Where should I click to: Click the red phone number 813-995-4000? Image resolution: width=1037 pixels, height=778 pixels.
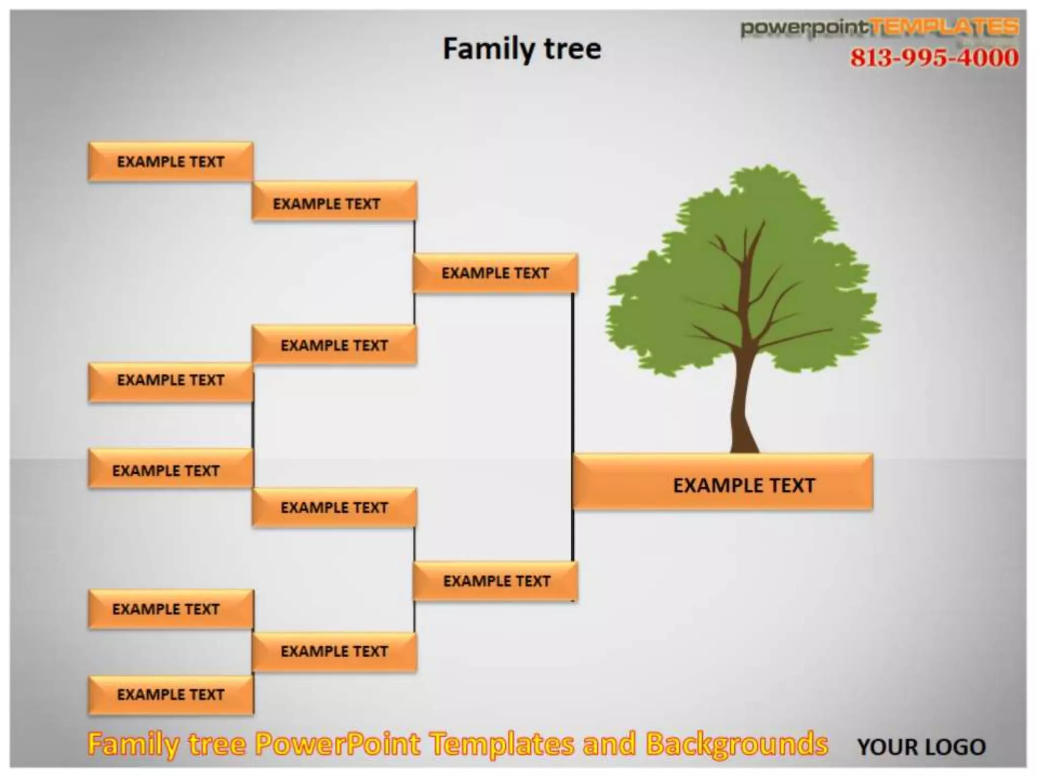click(x=934, y=58)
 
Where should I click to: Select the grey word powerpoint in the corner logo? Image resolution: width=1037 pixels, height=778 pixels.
click(x=805, y=28)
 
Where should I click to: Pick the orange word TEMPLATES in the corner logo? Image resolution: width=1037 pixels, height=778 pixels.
click(x=945, y=27)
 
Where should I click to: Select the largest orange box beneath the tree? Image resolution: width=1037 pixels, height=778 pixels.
click(x=723, y=482)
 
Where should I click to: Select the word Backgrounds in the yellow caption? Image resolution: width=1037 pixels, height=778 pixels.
click(x=737, y=744)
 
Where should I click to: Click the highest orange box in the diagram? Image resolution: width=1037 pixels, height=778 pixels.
click(x=171, y=162)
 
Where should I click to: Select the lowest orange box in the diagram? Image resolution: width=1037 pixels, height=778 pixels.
click(x=171, y=694)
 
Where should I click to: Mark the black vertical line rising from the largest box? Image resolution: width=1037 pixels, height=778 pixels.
click(x=573, y=375)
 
